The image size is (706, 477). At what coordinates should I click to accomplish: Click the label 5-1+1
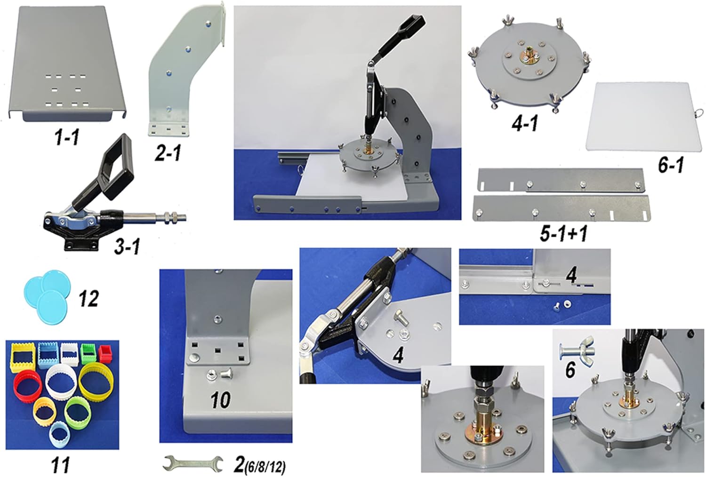563,234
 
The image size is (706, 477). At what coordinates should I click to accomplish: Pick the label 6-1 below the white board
670,166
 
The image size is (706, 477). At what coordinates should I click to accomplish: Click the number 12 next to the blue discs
88,298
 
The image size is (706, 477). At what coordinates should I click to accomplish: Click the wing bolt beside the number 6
577,348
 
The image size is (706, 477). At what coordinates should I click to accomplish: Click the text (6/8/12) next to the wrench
264,468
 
